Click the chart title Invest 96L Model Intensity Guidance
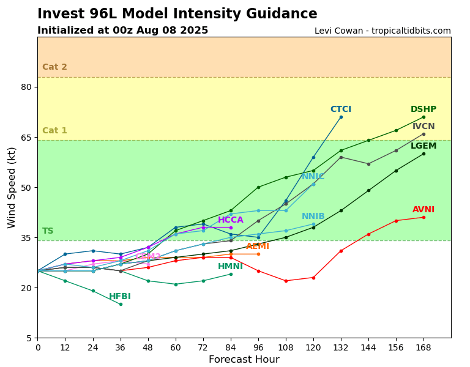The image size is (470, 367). [x=177, y=14]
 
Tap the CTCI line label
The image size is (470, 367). [x=341, y=109]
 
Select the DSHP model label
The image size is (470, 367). [x=423, y=109]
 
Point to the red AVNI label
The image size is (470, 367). [x=423, y=210]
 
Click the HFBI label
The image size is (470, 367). [x=120, y=297]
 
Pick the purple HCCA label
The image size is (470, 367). [x=231, y=220]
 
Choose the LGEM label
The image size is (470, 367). [x=423, y=146]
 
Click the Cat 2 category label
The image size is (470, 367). [x=54, y=67]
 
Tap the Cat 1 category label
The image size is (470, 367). [x=54, y=131]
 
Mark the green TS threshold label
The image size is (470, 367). [x=48, y=231]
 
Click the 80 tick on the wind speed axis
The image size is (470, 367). [x=26, y=87]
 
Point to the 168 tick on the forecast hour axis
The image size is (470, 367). [x=423, y=347]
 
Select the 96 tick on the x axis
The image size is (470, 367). [x=258, y=347]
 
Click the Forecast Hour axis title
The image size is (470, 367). [x=244, y=360]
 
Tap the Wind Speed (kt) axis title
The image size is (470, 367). [x=12, y=187]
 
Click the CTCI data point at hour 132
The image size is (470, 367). [x=341, y=117]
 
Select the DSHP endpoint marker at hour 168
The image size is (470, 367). [x=423, y=117]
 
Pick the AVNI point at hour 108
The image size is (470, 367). [x=286, y=281]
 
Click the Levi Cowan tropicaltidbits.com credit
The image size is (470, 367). [x=382, y=31]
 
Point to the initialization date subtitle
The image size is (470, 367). [x=122, y=31]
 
